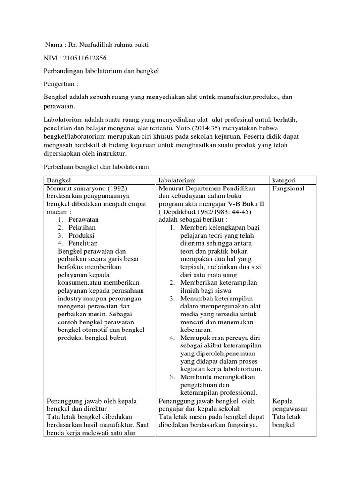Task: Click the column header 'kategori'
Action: tap(285, 180)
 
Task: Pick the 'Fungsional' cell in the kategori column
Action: tap(288, 188)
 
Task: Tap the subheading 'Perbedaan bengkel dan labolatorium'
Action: tap(96, 166)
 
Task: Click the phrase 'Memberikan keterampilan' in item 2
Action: tap(218, 283)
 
